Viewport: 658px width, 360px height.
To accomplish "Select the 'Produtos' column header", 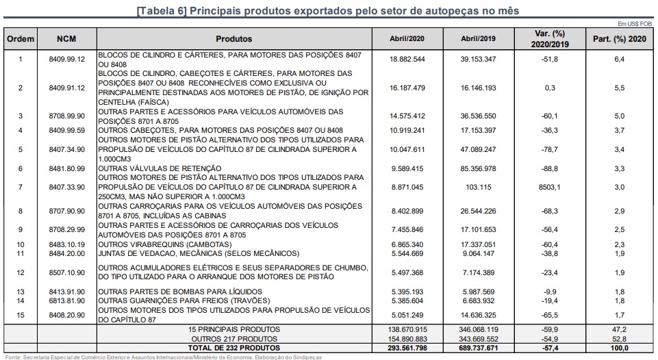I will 233,39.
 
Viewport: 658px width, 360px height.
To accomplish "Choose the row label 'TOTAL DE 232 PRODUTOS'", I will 233,348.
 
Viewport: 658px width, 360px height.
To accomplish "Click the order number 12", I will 21,272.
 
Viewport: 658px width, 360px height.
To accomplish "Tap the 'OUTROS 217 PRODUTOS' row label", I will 233,339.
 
